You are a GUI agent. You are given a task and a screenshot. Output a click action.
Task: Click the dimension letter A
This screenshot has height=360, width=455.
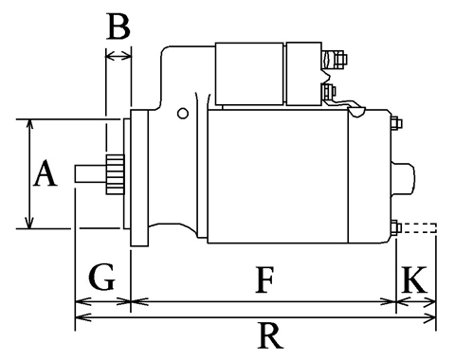[x=45, y=173]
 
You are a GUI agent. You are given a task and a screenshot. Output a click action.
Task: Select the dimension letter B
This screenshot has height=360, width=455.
[x=118, y=27]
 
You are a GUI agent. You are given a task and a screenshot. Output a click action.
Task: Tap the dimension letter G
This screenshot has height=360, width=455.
[x=102, y=277]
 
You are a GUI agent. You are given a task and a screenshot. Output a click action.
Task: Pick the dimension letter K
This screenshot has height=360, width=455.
[x=414, y=279]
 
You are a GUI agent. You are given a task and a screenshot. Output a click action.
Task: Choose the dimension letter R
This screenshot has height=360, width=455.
[x=269, y=335]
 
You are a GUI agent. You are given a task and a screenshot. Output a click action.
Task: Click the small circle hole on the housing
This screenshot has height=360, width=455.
[x=183, y=114]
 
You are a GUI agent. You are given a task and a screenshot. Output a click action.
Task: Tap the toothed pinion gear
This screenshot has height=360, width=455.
[x=115, y=174]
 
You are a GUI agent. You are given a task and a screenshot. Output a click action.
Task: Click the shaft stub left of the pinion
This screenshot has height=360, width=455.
[x=90, y=173]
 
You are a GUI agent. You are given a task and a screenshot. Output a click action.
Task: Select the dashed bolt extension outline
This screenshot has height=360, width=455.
[x=419, y=228]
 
